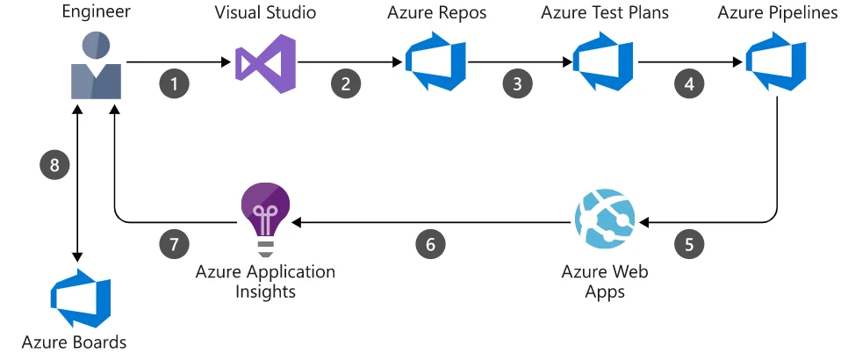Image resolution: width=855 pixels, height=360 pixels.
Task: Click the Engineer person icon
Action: click(97, 66)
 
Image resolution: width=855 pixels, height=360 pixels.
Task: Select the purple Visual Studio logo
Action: click(266, 63)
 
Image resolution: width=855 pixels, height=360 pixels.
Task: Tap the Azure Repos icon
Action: click(435, 62)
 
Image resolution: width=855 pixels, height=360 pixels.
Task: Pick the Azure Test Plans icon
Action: click(603, 62)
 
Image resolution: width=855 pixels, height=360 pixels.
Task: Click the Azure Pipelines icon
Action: click(776, 62)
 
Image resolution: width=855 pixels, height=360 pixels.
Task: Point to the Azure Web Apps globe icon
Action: click(605, 219)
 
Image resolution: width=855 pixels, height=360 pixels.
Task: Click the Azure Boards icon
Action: click(81, 299)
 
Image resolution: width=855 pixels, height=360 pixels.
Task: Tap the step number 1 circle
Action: click(175, 84)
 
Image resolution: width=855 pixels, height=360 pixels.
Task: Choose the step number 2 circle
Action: click(346, 84)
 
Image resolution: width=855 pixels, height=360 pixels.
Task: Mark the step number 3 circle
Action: click(517, 84)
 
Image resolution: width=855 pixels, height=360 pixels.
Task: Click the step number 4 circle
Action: click(689, 84)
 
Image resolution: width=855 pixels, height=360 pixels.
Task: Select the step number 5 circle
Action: click(689, 244)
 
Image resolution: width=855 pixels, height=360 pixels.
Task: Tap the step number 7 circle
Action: click(175, 244)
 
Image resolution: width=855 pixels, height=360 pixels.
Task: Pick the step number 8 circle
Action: click(54, 164)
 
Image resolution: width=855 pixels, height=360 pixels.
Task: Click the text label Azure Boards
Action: click(74, 342)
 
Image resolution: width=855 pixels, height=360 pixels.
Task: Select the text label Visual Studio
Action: click(265, 12)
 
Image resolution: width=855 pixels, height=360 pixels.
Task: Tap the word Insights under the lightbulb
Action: click(266, 291)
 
